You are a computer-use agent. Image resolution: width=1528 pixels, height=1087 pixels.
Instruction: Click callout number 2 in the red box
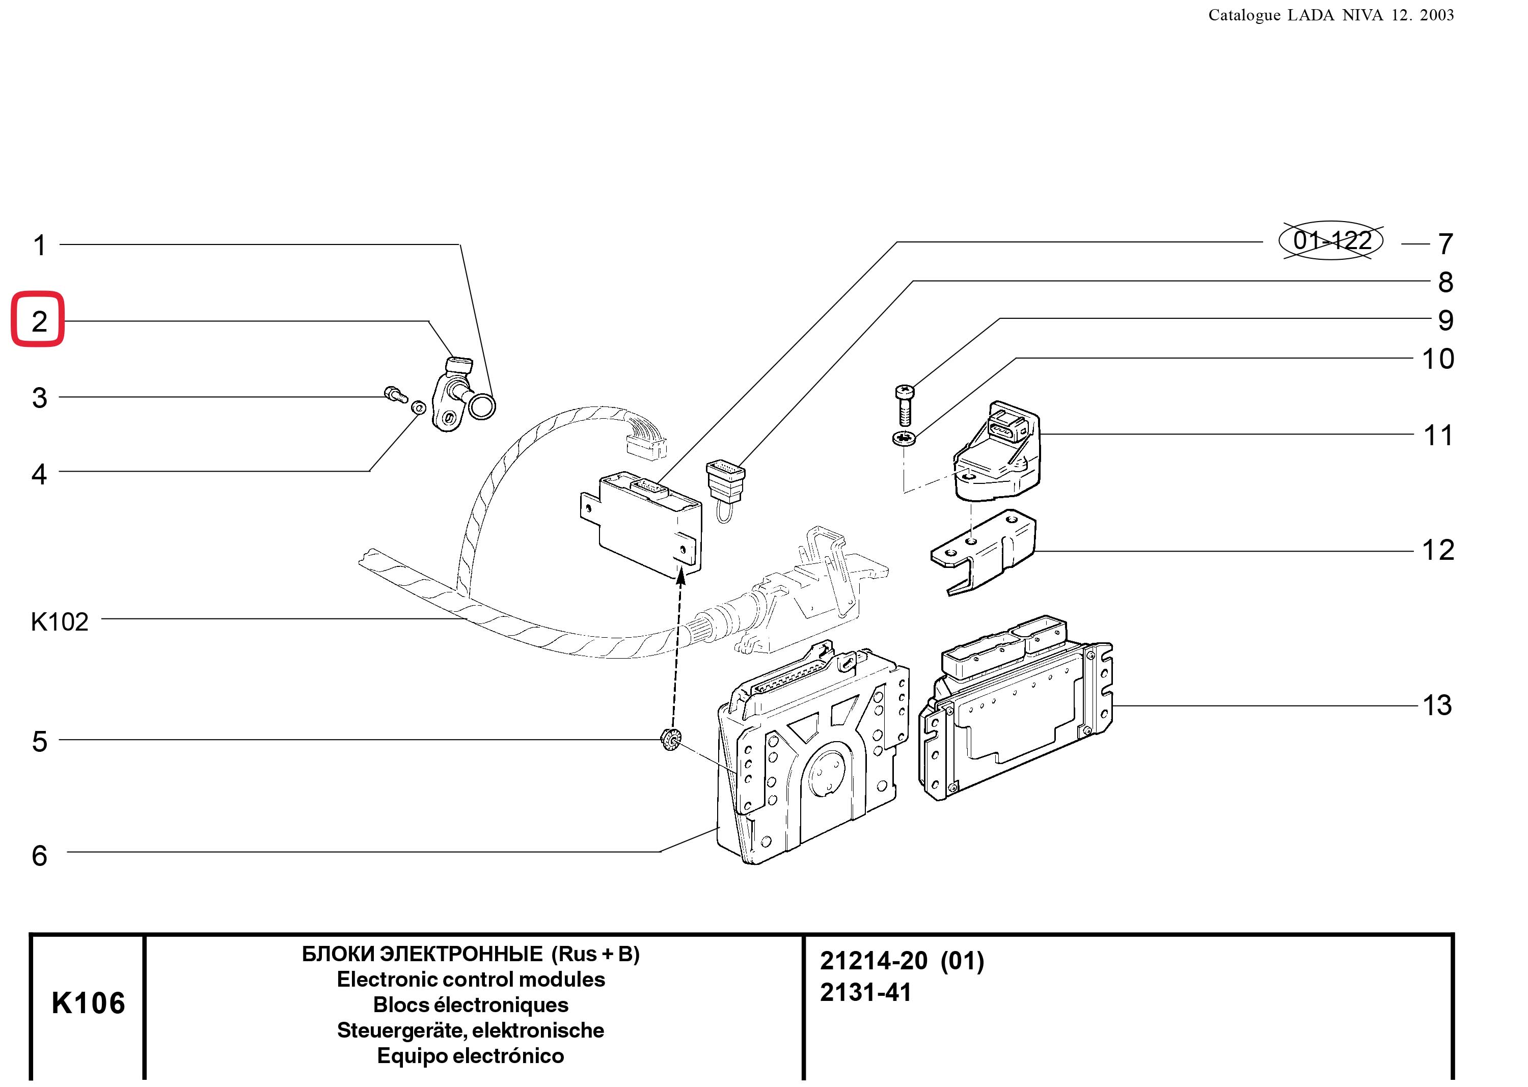click(40, 322)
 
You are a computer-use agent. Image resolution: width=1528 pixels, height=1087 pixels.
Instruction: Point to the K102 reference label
click(60, 622)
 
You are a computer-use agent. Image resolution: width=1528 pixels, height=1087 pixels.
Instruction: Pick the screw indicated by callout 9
click(904, 405)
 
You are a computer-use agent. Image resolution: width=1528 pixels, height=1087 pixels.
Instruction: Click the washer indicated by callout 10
click(904, 439)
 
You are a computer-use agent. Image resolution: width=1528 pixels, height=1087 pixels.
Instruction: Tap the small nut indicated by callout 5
click(670, 739)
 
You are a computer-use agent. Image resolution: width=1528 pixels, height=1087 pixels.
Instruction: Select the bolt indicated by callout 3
click(396, 394)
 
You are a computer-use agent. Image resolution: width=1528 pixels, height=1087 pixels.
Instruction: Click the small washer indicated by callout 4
click(418, 407)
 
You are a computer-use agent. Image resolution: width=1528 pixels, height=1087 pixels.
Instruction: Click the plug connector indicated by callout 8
click(725, 483)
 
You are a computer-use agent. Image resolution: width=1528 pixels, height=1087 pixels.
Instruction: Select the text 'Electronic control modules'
click(471, 979)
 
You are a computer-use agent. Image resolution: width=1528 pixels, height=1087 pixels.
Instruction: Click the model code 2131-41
click(865, 993)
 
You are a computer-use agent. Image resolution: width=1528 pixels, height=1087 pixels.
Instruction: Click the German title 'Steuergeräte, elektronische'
click(471, 1030)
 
